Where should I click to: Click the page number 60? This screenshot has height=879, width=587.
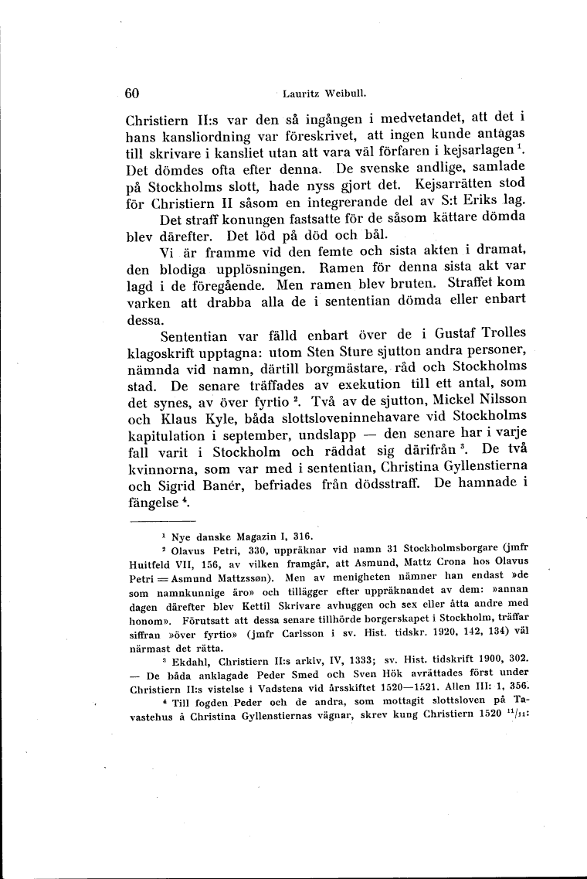(131, 93)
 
